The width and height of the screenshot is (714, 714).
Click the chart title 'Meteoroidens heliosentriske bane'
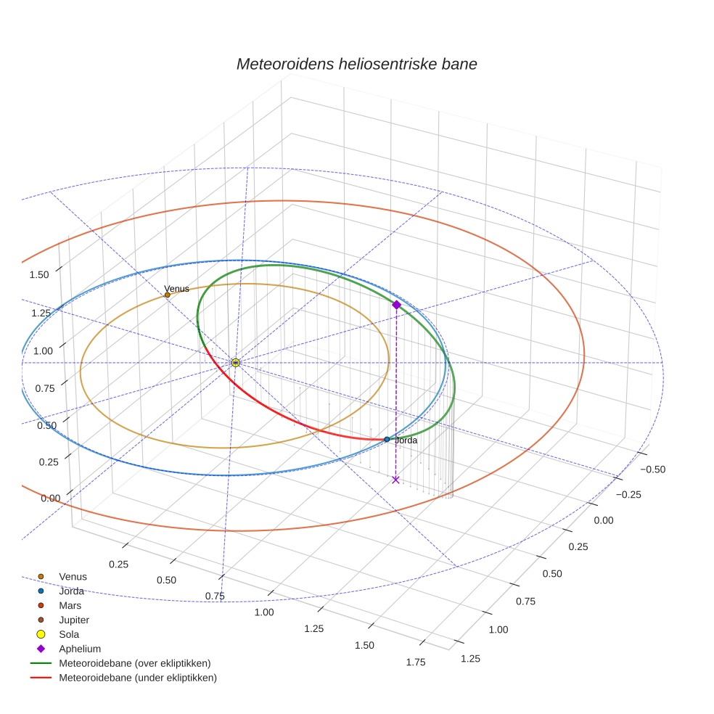(x=356, y=64)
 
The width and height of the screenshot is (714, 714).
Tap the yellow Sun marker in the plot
(x=235, y=362)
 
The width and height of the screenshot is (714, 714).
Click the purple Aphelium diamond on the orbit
(x=396, y=305)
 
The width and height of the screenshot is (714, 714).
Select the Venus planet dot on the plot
(x=168, y=295)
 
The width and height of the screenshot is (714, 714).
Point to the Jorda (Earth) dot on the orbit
(x=387, y=439)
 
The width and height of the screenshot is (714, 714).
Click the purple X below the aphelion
(x=395, y=480)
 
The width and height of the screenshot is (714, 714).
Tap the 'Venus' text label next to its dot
(x=177, y=289)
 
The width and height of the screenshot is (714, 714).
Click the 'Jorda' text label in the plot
(x=406, y=440)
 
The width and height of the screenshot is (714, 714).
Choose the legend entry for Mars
(x=70, y=605)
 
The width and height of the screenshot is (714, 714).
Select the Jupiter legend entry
(x=74, y=620)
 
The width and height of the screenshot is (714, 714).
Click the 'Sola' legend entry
(x=69, y=634)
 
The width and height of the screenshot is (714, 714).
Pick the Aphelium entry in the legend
(x=79, y=649)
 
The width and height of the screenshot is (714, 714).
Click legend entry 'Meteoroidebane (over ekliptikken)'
(x=134, y=663)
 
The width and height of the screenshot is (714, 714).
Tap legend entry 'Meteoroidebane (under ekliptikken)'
(x=137, y=678)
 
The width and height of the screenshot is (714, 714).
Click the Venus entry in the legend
(x=73, y=576)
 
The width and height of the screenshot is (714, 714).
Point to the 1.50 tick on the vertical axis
(x=39, y=274)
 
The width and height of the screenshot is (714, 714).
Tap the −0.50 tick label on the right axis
(x=652, y=469)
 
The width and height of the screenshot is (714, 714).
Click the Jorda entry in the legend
(x=71, y=591)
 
